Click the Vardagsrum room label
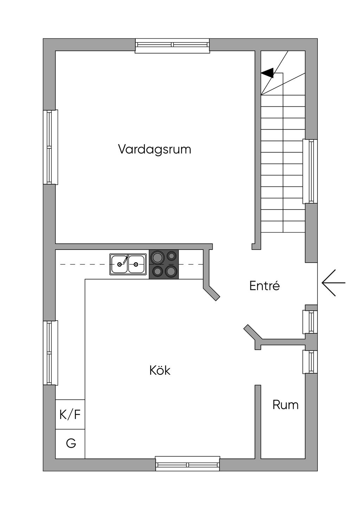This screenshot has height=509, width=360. (154, 149)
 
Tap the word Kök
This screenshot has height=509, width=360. (160, 370)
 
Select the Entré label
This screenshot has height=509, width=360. (264, 285)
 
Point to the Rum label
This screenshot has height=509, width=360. (285, 405)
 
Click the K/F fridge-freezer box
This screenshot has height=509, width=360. (70, 414)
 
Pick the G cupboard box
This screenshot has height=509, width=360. (70, 444)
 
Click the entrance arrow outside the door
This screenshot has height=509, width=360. (333, 283)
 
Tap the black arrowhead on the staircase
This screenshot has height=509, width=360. (268, 73)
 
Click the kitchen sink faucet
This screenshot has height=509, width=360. (126, 259)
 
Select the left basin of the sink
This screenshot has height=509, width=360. (120, 264)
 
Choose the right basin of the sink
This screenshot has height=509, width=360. (136, 264)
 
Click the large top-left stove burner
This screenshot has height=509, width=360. (157, 257)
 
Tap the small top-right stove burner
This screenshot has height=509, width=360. (172, 256)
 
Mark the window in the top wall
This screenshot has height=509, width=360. (172, 45)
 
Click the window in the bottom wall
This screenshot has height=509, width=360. (188, 464)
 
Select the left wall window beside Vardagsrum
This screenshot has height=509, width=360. (50, 147)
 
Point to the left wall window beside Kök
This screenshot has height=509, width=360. (50, 353)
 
